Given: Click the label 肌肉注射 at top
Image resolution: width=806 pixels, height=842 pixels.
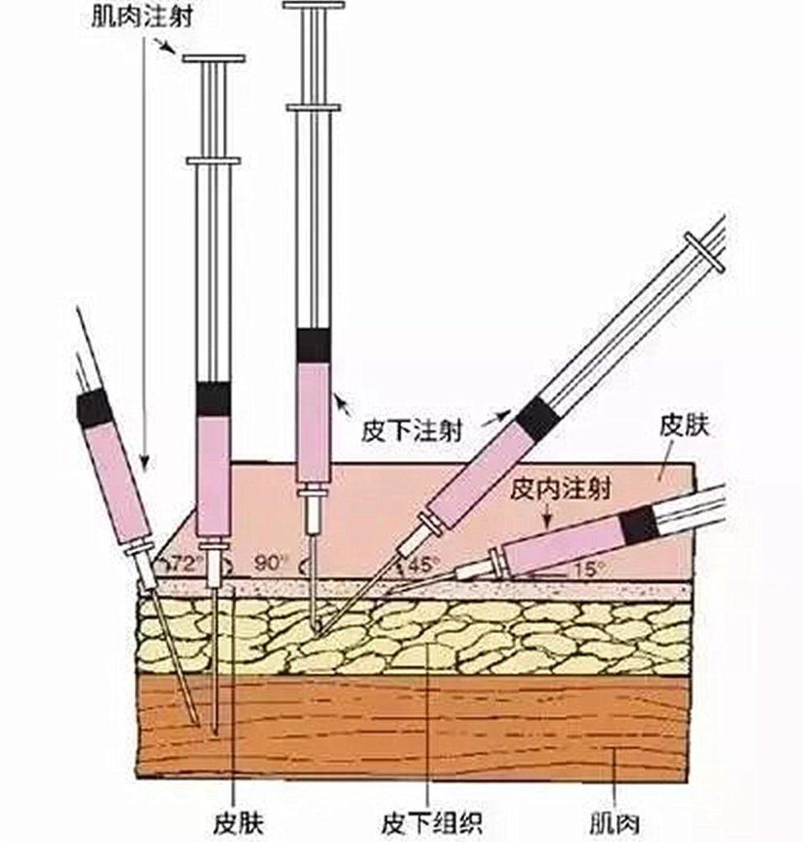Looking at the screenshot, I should click(142, 16).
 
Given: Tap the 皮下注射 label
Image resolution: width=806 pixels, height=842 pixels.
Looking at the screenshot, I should click(411, 431).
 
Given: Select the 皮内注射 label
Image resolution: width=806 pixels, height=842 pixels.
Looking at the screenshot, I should click(561, 489).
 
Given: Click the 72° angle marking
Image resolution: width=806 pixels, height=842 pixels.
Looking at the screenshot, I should click(183, 564).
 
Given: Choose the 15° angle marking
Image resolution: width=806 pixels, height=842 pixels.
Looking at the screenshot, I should click(589, 567).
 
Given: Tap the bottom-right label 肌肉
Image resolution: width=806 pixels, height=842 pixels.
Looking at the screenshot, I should click(615, 821).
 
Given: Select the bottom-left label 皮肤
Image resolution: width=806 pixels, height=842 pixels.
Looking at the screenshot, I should click(237, 821).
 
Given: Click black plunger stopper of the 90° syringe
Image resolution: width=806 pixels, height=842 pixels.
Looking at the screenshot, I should click(313, 345).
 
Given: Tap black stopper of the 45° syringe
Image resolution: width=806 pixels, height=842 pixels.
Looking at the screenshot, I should click(538, 418).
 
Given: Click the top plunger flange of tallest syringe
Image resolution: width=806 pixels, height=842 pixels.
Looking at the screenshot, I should click(313, 5).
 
